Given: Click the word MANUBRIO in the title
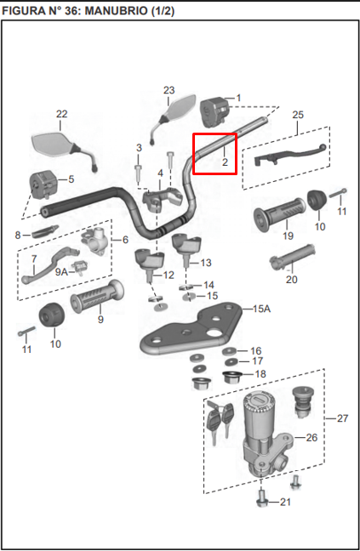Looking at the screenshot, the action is [x=117, y=11].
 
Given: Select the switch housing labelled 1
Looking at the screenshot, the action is [x=214, y=112].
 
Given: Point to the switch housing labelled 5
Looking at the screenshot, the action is [x=43, y=184].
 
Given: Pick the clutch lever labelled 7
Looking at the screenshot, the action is [x=50, y=263].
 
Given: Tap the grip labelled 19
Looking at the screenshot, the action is [x=279, y=214].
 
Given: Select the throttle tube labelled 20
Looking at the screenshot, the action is [x=292, y=258].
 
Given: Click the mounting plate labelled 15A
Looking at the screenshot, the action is [x=191, y=327].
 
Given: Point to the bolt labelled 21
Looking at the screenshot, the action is [x=262, y=498].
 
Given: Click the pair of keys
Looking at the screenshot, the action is [x=220, y=423].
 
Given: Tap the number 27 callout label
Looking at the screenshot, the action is [x=343, y=418].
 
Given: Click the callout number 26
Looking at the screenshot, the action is [x=311, y=438].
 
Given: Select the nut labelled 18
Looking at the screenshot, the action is [x=231, y=378].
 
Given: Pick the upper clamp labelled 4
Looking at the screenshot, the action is [x=162, y=199].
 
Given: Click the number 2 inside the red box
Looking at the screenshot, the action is [x=225, y=162].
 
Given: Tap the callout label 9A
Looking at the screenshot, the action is [x=61, y=272].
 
